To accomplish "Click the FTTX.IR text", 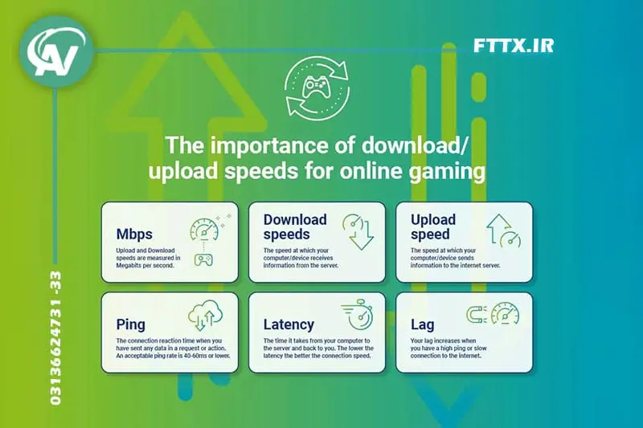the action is (x=514, y=46).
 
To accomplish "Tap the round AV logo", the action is (x=56, y=51).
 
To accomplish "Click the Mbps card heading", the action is (x=134, y=234).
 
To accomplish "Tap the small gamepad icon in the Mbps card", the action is (x=203, y=259).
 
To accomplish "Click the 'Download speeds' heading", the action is (x=295, y=226).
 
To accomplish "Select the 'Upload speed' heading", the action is (x=433, y=226).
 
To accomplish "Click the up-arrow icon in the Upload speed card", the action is (x=498, y=229).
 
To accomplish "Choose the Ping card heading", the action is (x=130, y=324).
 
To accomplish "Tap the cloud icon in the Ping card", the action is (x=206, y=315).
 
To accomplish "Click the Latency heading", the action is (x=289, y=324).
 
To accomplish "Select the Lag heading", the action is (x=423, y=324).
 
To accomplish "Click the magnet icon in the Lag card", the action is (x=477, y=315).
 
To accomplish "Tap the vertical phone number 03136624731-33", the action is (x=55, y=338).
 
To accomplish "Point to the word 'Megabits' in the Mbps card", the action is (x=128, y=266).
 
